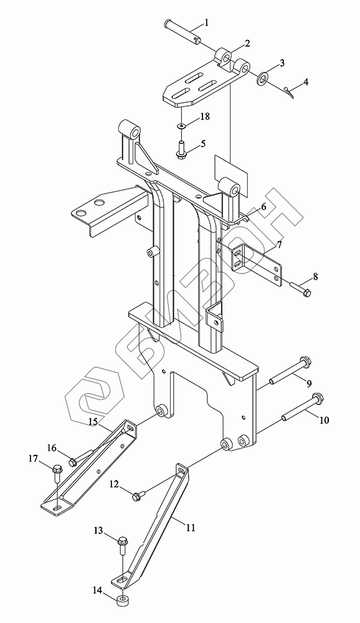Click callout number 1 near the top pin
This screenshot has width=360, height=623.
pyautogui.click(x=206, y=23)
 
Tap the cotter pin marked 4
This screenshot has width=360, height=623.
pyautogui.click(x=289, y=92)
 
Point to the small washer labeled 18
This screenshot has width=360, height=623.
pyautogui.click(x=181, y=126)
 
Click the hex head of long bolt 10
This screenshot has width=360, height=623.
pyautogui.click(x=316, y=397)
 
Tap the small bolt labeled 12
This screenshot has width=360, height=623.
pyautogui.click(x=140, y=495)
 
